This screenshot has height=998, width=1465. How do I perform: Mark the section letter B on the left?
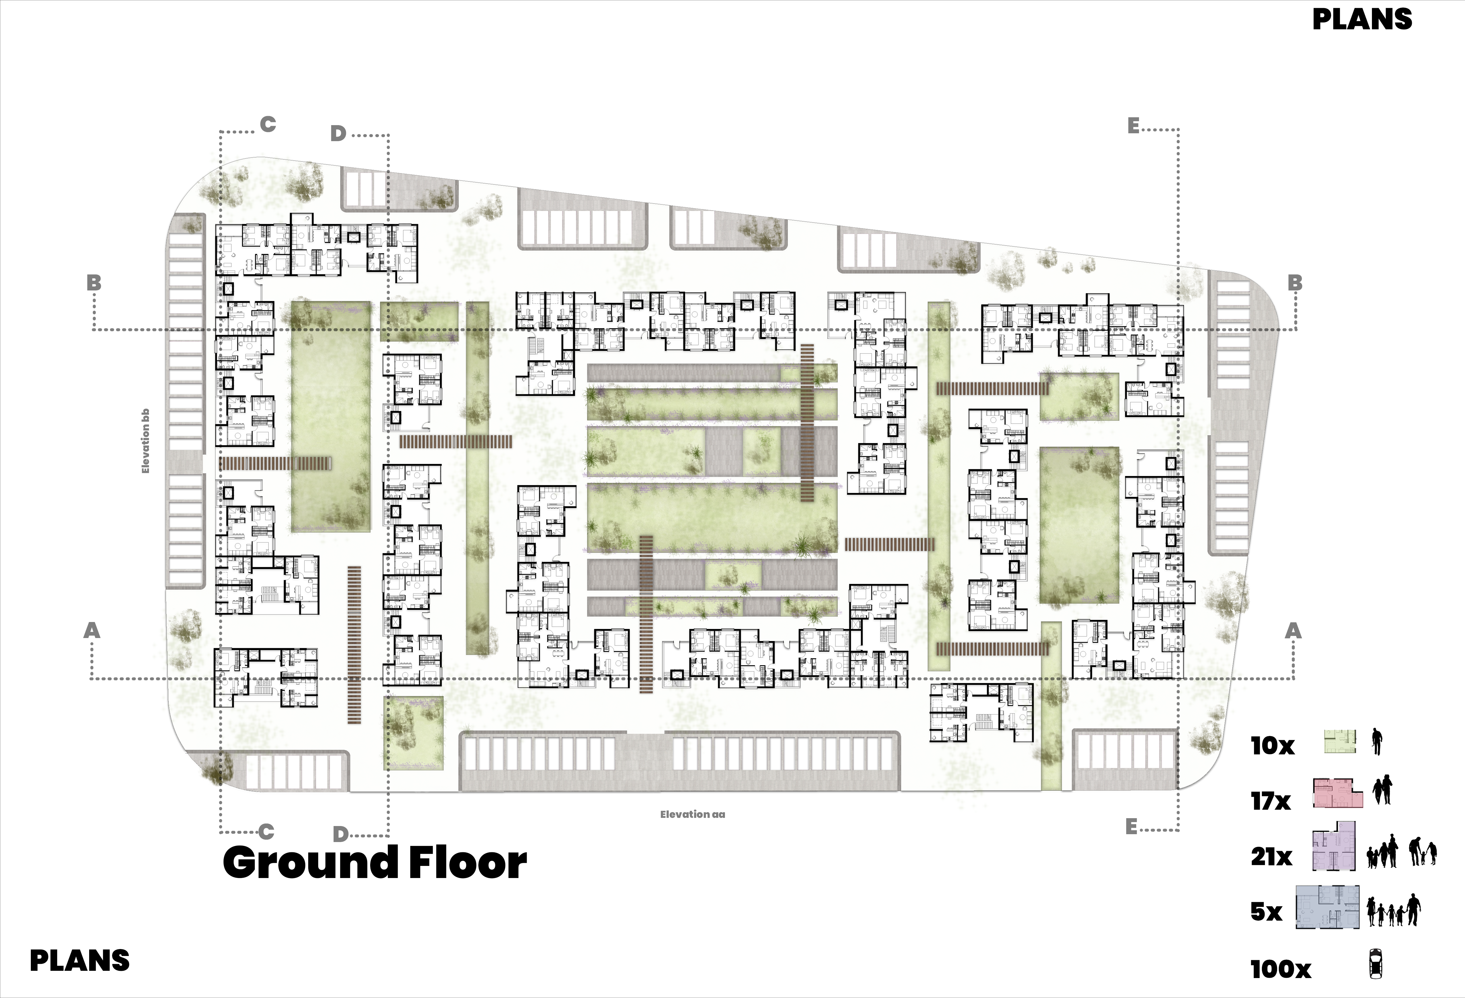tap(94, 283)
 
